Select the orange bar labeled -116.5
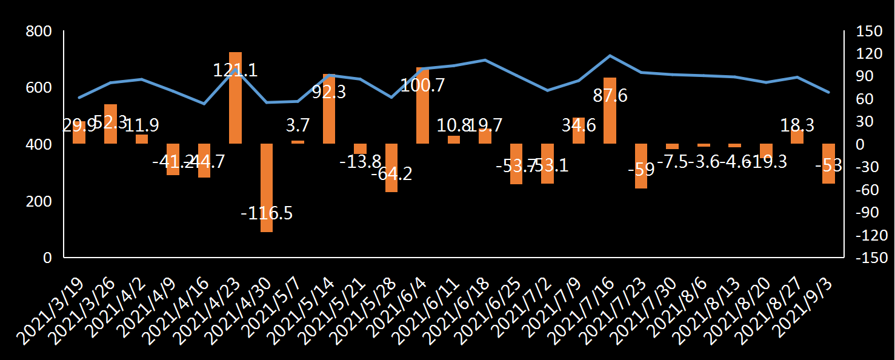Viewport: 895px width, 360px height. click(267, 188)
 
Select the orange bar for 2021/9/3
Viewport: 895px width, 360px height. click(828, 164)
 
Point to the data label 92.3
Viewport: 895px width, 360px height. click(329, 92)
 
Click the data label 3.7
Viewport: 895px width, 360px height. click(298, 125)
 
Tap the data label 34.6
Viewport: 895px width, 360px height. click(579, 126)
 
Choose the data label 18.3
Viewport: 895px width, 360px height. click(797, 125)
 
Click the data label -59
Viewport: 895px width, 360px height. click(641, 169)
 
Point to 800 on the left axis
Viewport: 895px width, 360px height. click(39, 31)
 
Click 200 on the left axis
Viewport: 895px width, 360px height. click(39, 201)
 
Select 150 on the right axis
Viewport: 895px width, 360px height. click(873, 31)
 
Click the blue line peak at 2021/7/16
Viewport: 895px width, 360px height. click(610, 56)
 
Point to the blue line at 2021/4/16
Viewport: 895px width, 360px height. click(204, 104)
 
